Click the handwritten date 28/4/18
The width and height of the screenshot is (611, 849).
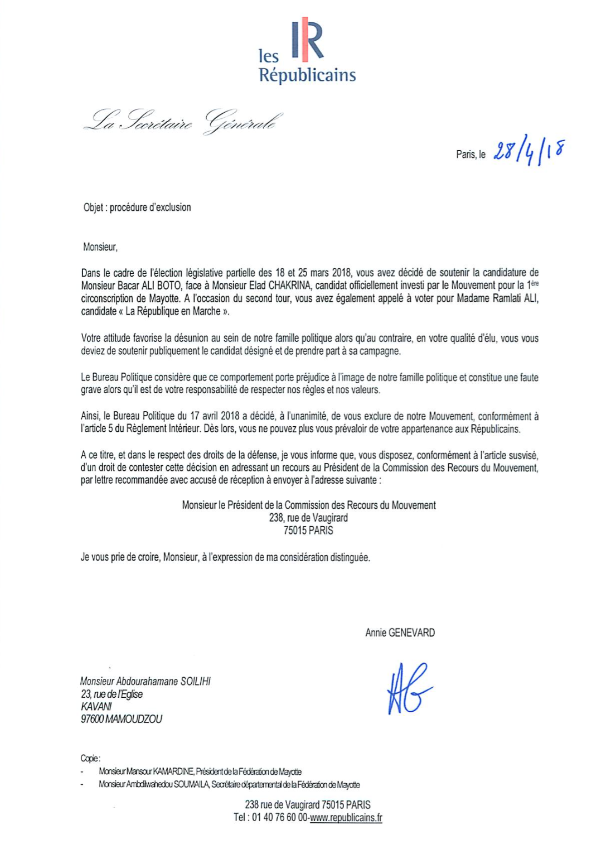[528, 152]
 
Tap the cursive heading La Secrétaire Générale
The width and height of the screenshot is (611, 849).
[183, 122]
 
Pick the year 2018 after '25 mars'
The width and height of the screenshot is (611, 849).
[341, 273]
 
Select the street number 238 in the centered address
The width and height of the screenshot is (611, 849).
[277, 518]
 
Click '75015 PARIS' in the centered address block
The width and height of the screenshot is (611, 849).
[308, 530]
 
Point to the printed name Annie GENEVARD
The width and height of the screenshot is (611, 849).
[400, 633]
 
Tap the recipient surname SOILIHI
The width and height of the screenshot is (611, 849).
[196, 681]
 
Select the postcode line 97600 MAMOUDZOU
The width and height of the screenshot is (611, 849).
[122, 719]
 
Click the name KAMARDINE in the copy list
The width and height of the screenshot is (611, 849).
[173, 771]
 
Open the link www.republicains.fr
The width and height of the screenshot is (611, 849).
[346, 818]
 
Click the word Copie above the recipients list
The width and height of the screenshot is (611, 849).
[90, 758]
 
